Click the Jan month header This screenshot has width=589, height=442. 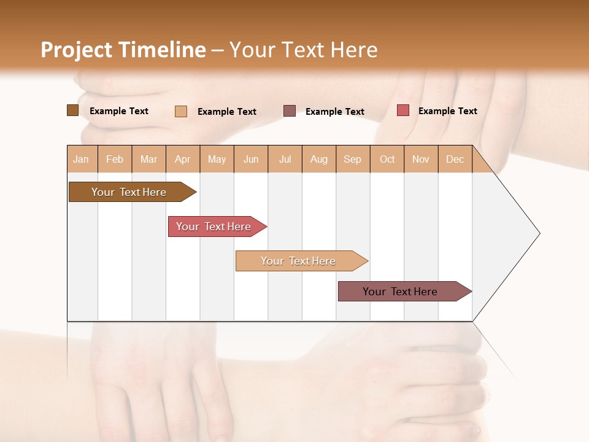tap(82, 159)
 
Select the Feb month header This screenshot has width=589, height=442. tap(115, 159)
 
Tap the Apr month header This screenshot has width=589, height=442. tap(183, 159)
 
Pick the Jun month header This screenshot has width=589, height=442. tap(251, 159)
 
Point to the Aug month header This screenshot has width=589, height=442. tap(319, 159)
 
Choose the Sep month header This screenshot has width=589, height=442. tap(353, 159)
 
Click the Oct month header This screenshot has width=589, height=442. tap(387, 159)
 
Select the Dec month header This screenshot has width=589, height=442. tap(455, 159)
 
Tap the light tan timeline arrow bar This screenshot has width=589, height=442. tap(299, 261)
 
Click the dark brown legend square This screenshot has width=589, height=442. tap(72, 110)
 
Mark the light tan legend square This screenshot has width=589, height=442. tap(181, 111)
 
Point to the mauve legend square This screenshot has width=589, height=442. tap(290, 110)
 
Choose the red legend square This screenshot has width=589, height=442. tap(402, 110)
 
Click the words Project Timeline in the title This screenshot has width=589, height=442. tap(123, 50)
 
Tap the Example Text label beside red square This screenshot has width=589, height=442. tap(447, 111)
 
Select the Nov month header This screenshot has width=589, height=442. tap(421, 159)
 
